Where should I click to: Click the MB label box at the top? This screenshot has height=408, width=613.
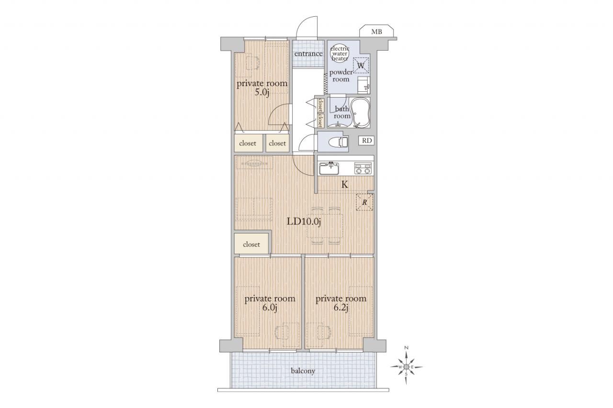(376, 32)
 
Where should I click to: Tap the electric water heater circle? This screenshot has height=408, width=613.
(340, 54)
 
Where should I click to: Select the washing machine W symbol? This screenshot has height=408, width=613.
(361, 66)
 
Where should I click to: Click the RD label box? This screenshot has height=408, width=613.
(366, 141)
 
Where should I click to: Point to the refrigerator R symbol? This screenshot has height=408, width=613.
(364, 202)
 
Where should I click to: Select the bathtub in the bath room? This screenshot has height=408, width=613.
(360, 112)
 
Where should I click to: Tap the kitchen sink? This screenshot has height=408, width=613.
(329, 169)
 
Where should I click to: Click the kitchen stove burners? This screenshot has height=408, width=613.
(363, 168)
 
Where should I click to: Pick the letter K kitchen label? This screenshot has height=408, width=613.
(345, 185)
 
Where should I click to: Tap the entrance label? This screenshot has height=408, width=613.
(308, 54)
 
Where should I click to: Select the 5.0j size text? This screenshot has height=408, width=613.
(262, 92)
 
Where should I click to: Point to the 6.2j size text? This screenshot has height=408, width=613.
(341, 308)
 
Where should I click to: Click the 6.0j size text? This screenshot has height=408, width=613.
(270, 308)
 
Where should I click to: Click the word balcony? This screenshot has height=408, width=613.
(303, 371)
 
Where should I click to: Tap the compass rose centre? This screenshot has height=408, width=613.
(407, 367)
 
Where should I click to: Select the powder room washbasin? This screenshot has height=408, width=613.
(364, 85)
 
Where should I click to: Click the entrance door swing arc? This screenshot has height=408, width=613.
(304, 22)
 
